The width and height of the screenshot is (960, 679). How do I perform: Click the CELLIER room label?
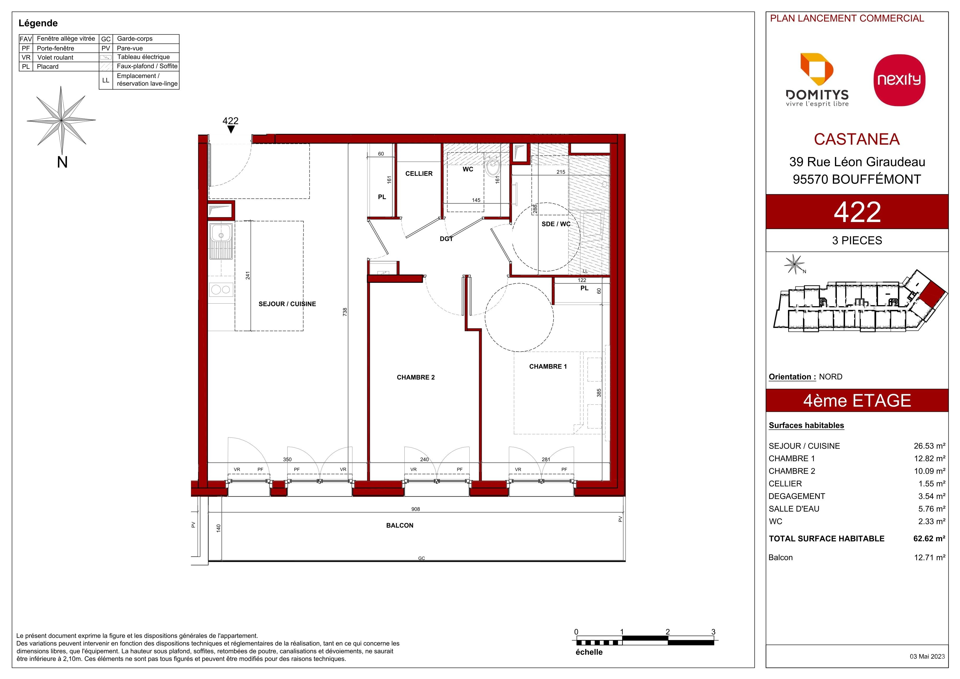(419, 174)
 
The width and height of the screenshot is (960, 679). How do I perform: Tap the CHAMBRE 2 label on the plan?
(415, 377)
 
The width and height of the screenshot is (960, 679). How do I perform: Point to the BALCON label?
(400, 525)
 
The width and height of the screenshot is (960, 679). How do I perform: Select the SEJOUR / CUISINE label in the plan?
(287, 304)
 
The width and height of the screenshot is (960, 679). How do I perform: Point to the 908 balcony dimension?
(415, 509)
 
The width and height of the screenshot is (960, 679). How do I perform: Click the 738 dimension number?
(345, 312)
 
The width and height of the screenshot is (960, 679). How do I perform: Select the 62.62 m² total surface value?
(929, 539)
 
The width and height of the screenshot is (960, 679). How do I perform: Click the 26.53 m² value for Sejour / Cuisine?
(929, 446)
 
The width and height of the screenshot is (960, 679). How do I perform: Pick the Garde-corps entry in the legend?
(135, 39)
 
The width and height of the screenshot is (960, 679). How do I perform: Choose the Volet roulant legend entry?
(55, 57)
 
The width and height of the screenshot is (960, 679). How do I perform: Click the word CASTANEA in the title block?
(857, 139)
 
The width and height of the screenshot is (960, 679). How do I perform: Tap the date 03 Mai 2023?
(927, 656)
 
